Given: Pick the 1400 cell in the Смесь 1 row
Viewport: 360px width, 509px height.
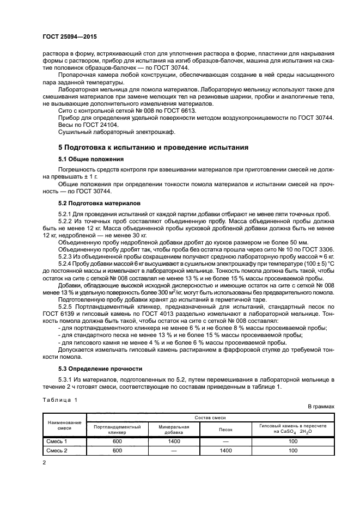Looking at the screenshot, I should click(174, 442).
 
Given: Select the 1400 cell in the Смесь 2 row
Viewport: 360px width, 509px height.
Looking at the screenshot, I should click(225, 451).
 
